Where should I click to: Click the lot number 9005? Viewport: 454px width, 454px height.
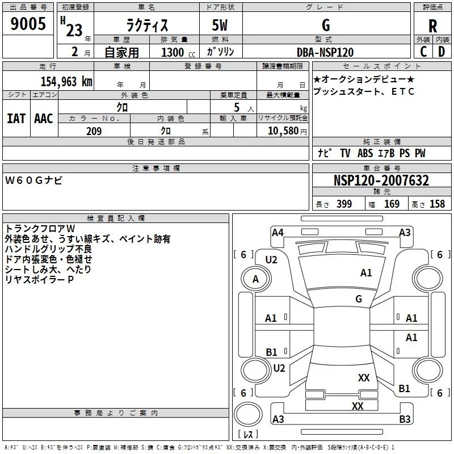(x=28, y=24)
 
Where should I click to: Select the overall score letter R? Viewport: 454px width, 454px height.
(x=433, y=26)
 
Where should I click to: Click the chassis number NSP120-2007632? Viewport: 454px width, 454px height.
(x=381, y=181)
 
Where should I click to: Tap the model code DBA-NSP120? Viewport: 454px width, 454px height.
(x=325, y=52)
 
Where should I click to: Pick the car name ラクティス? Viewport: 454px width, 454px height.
(x=146, y=26)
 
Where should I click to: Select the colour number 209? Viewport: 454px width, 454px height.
(x=94, y=131)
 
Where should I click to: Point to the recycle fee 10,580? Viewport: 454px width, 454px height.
(x=281, y=131)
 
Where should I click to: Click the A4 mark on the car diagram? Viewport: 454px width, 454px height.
(x=278, y=232)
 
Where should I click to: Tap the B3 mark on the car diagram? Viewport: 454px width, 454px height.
(x=405, y=419)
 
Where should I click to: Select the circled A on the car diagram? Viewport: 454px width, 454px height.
(x=255, y=279)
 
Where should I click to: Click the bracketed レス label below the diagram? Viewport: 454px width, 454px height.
(x=248, y=434)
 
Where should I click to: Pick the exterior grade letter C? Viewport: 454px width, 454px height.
(x=423, y=52)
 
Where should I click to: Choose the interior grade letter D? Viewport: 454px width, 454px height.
(x=442, y=52)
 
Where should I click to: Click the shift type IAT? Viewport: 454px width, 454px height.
(x=16, y=119)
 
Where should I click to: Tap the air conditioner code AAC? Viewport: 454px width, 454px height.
(x=44, y=119)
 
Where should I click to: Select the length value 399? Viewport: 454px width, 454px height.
(x=344, y=204)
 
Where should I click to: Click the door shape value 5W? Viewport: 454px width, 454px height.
(x=221, y=26)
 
